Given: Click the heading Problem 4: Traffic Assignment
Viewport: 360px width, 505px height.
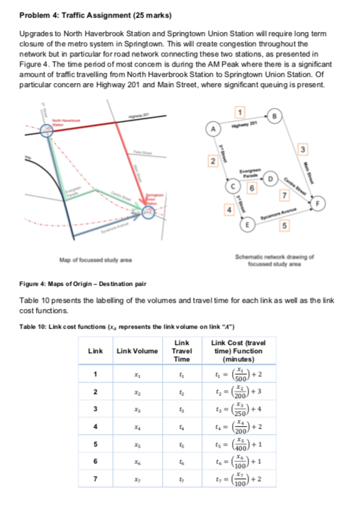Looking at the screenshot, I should coord(85,14).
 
